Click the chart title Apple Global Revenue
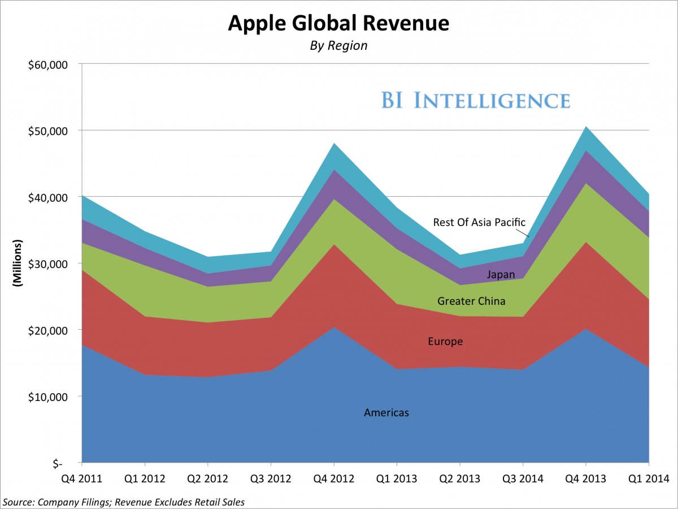[338, 23]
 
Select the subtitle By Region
[338, 46]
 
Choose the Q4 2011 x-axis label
[82, 479]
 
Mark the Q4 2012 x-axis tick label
[333, 479]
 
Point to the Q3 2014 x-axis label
[521, 479]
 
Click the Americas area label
[386, 413]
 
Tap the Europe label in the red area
[445, 342]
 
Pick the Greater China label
[471, 301]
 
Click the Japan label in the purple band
[501, 275]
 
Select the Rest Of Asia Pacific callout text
[479, 222]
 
